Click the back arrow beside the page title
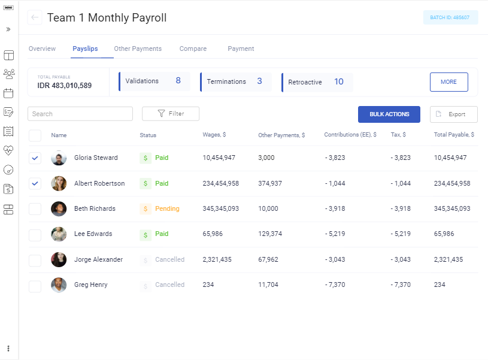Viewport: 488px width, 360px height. pyautogui.click(x=35, y=17)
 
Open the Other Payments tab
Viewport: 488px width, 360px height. pyautogui.click(x=138, y=49)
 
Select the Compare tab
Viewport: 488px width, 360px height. pyautogui.click(x=193, y=49)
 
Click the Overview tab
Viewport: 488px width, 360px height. pyautogui.click(x=42, y=49)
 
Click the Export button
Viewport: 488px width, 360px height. pyautogui.click(x=453, y=114)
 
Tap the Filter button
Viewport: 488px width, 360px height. pyautogui.click(x=170, y=113)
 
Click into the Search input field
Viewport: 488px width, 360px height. pyautogui.click(x=80, y=114)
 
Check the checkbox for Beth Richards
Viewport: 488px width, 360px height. pyautogui.click(x=35, y=208)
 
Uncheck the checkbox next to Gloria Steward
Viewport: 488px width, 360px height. pyautogui.click(x=35, y=158)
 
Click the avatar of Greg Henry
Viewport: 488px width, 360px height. pyautogui.click(x=59, y=285)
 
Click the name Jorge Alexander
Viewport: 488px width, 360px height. pyautogui.click(x=98, y=259)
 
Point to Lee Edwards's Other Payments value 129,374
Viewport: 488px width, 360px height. pyautogui.click(x=269, y=234)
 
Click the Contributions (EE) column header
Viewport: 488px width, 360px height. pyautogui.click(x=350, y=135)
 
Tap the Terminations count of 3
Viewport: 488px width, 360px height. pyautogui.click(x=259, y=81)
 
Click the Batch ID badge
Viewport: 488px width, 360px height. pyautogui.click(x=450, y=17)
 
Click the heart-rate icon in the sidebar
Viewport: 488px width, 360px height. pyautogui.click(x=8, y=150)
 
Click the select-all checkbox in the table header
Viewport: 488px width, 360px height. pyautogui.click(x=35, y=135)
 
